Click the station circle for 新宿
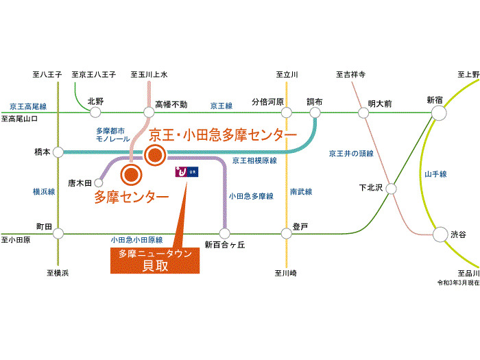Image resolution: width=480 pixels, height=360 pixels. click(439, 112)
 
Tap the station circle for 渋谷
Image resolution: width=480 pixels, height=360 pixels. click(440, 235)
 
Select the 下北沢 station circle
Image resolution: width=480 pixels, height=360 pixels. click(391, 189)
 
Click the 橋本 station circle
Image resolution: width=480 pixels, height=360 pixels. click(58, 152)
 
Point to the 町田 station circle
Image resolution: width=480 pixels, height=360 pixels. click(58, 234)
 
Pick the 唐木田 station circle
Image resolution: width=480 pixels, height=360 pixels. click(98, 183)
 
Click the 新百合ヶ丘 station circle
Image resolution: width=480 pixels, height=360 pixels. click(224, 234)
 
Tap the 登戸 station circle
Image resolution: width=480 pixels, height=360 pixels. click(286, 234)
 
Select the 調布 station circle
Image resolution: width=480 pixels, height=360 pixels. click(315, 112)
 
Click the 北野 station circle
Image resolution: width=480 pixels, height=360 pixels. click(95, 112)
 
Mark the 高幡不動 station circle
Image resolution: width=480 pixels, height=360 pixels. click(149, 112)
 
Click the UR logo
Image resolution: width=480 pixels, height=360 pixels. click(187, 172)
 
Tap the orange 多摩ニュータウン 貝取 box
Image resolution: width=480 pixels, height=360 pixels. click(155, 261)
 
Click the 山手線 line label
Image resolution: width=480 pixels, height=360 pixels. click(435, 174)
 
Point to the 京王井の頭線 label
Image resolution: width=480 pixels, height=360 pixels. click(351, 154)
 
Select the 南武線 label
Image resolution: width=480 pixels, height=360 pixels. click(301, 192)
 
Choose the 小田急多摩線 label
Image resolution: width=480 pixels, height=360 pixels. click(251, 196)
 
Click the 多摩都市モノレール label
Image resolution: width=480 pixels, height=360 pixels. click(112, 135)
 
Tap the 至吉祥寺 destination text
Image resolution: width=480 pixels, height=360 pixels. click(350, 74)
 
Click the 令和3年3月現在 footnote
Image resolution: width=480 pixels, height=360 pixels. click(458, 283)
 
